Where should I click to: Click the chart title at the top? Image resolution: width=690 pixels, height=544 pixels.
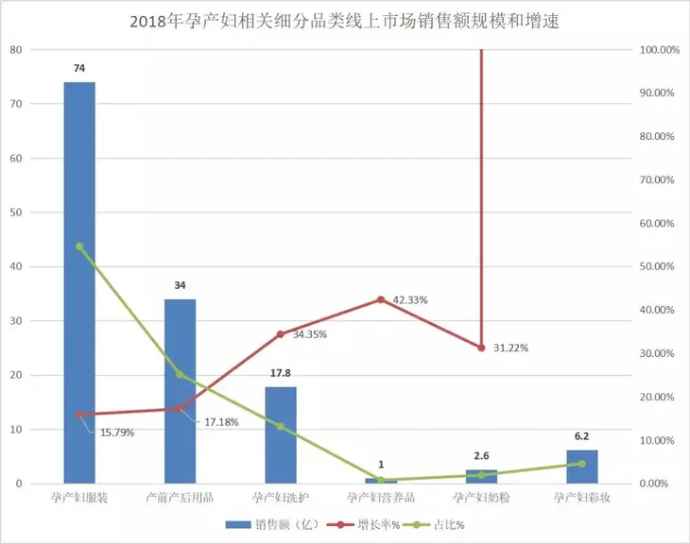(344, 21)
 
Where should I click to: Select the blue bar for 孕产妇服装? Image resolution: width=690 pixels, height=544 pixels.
(79, 283)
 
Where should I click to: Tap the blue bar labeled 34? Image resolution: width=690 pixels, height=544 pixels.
(180, 392)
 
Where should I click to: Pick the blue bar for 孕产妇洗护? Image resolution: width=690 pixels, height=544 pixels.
(281, 434)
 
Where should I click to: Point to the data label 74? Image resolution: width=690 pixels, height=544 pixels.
(79, 68)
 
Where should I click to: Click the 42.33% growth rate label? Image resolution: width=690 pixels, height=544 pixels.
(410, 300)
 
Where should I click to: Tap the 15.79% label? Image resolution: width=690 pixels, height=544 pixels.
(115, 433)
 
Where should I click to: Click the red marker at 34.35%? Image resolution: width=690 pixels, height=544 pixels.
(281, 334)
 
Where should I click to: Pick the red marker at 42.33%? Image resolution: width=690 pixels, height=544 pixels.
(381, 299)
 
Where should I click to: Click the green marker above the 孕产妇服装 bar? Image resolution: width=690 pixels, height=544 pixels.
(79, 246)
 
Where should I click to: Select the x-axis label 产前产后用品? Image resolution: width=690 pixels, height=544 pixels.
(180, 498)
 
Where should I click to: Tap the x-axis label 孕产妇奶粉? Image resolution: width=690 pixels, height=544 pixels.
(481, 498)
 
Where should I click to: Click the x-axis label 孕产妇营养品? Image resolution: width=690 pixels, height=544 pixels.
(381, 498)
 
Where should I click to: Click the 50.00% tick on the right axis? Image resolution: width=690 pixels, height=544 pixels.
(657, 266)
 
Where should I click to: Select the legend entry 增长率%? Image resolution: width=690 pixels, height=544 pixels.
(356, 524)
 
